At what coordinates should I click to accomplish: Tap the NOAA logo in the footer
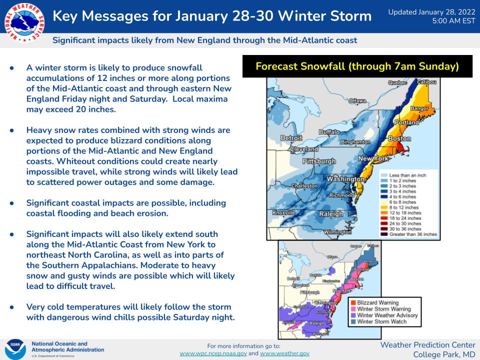point(15,348)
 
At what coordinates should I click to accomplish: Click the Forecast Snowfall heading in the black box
point(357,66)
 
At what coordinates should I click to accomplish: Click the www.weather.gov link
point(284,353)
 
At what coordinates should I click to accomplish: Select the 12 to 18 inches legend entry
point(405,212)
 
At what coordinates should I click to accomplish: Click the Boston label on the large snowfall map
point(399,138)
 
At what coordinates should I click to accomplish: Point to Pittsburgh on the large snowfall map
point(319,161)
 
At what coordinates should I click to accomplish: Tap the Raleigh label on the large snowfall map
point(331,213)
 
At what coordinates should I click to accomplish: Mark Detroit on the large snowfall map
point(291,137)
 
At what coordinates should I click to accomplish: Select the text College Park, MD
point(444,354)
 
